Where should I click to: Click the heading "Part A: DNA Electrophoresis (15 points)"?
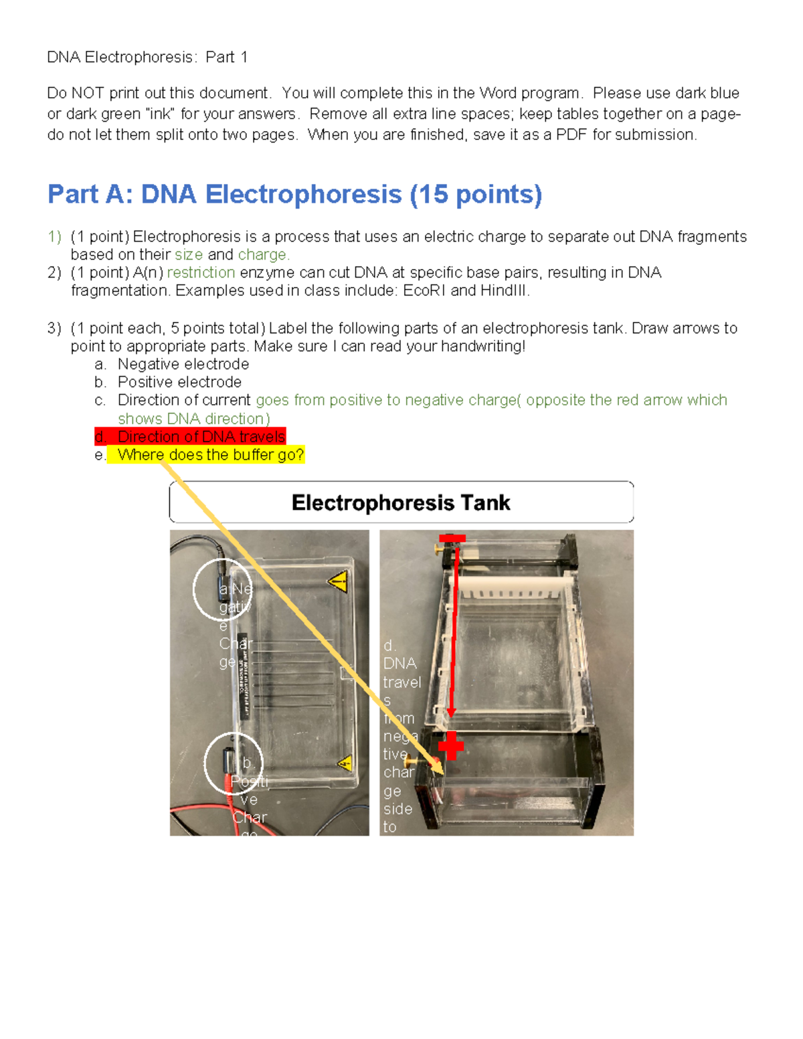point(294,195)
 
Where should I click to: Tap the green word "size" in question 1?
point(189,255)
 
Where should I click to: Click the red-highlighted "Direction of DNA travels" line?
point(201,437)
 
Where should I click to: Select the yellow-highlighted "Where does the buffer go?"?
point(210,455)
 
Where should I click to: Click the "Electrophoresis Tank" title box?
point(401,502)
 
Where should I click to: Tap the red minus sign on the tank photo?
point(452,539)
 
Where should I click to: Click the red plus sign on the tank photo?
point(451,745)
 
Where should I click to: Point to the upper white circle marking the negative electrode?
point(222,589)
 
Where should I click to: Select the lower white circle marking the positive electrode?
point(233,763)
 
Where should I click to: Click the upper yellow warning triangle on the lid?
point(339,581)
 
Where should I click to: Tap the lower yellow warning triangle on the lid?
point(345,763)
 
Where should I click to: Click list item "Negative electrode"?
point(183,365)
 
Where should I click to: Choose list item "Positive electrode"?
point(179,383)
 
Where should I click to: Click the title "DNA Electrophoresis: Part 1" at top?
point(147,58)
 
